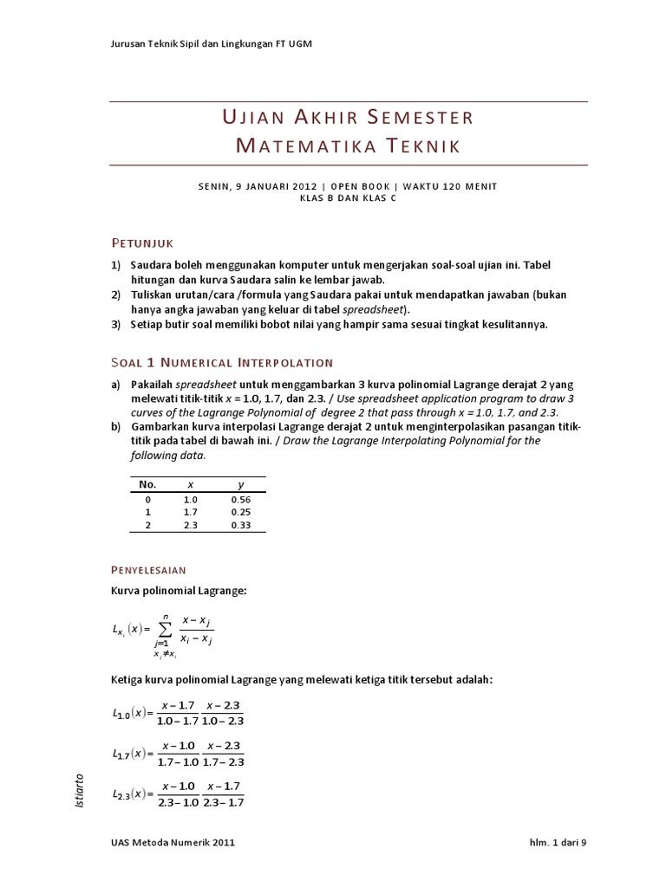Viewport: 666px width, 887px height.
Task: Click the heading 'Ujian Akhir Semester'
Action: (348, 117)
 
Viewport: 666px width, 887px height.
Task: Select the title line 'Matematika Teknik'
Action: (348, 146)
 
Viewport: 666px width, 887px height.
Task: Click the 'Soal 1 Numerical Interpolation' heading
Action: (221, 362)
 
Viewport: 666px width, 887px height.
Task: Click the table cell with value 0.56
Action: (241, 500)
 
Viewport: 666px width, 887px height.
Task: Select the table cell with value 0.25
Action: (241, 512)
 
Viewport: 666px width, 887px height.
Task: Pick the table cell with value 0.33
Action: (241, 524)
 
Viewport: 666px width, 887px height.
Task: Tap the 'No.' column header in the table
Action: (147, 485)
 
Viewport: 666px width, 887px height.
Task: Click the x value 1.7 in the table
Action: (191, 512)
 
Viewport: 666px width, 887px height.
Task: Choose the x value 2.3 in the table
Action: (191, 524)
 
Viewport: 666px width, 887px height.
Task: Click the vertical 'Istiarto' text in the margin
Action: (81, 792)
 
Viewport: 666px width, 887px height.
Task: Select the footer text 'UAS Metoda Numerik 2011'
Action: (173, 841)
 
